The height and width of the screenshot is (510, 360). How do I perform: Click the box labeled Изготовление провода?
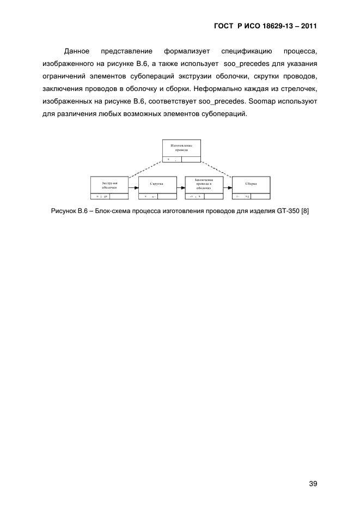tap(181, 149)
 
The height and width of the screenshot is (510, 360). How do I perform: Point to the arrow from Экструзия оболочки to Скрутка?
tap(133, 189)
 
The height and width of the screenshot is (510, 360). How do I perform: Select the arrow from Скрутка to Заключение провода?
tap(181, 189)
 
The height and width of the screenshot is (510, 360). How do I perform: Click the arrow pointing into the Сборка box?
tap(227, 189)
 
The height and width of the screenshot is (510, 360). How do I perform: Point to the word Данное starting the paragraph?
tap(77, 51)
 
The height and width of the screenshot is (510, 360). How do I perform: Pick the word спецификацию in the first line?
tap(247, 51)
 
